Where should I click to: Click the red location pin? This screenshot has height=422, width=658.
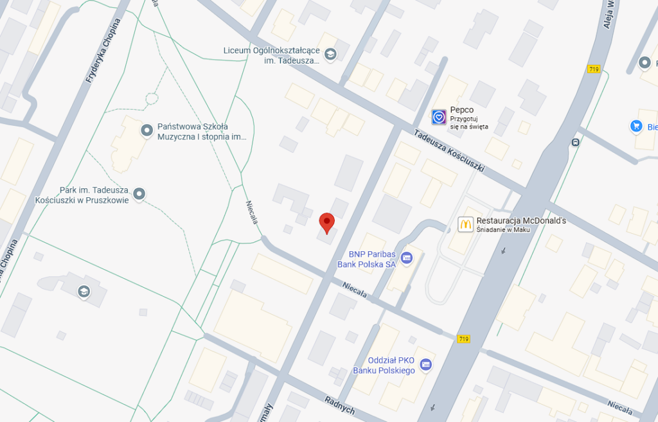(327, 222)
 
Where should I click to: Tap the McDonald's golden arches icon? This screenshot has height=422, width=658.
(465, 224)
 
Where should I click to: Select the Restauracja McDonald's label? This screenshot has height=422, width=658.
(521, 220)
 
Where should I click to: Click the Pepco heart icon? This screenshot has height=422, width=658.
(439, 117)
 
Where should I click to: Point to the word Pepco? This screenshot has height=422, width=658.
(461, 110)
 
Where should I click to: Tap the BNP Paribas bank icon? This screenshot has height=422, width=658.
(406, 258)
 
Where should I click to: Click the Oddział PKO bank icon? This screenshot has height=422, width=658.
(425, 365)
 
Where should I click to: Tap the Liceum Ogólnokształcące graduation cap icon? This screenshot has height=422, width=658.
(330, 54)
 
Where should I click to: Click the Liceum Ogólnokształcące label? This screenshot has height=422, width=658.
(272, 55)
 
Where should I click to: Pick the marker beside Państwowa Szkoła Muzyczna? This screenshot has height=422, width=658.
(147, 131)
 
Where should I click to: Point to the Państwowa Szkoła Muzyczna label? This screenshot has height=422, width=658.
(202, 131)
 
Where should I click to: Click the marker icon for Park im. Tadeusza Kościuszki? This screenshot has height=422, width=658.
(139, 193)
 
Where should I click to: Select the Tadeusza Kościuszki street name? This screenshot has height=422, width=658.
(449, 153)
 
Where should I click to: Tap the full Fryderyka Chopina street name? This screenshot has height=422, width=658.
(102, 52)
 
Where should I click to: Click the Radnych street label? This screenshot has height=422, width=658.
(339, 402)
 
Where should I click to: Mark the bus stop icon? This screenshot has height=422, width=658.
(575, 142)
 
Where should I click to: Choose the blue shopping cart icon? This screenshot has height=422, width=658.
(637, 126)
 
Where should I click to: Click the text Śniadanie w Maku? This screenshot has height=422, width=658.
(503, 230)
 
